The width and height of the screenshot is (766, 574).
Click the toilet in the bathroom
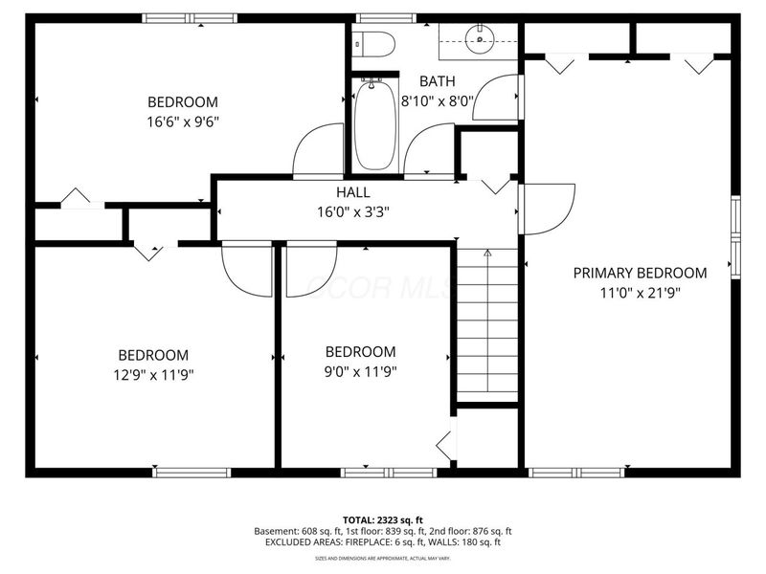pyautogui.click(x=374, y=44)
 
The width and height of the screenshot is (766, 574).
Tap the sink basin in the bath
pyautogui.click(x=477, y=39)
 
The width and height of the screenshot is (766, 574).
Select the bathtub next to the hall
pyautogui.click(x=374, y=126)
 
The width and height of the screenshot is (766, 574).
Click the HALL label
pyautogui.click(x=326, y=192)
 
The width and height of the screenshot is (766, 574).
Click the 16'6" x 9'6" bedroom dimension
pyautogui.click(x=182, y=121)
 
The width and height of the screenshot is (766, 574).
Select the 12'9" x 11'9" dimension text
pyautogui.click(x=153, y=374)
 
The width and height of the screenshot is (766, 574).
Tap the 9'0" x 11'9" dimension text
pyautogui.click(x=359, y=372)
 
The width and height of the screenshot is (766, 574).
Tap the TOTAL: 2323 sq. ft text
pyautogui.click(x=382, y=519)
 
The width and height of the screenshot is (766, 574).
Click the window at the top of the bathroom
pyautogui.click(x=387, y=17)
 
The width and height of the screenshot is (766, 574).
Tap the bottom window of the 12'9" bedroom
pyautogui.click(x=192, y=472)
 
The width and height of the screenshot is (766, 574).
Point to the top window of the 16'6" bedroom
pyautogui.click(x=190, y=17)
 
